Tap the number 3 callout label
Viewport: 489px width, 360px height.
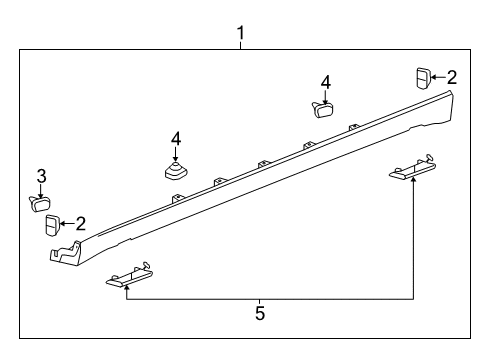click(41, 177)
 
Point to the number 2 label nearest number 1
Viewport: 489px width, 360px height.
click(452, 76)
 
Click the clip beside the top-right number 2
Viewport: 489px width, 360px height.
click(423, 77)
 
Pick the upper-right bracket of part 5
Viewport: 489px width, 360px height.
click(412, 170)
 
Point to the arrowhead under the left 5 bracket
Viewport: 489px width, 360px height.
click(127, 290)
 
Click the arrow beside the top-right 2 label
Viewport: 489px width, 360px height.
click(438, 77)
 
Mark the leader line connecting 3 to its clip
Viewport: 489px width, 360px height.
click(41, 190)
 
